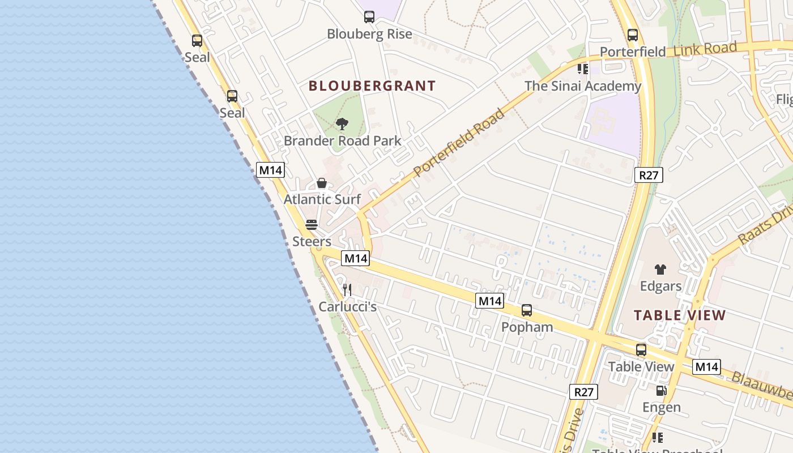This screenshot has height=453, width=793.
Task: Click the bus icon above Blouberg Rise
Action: click(x=369, y=17)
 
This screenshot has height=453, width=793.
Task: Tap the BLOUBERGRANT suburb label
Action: click(x=372, y=86)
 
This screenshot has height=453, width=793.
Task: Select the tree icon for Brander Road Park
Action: click(x=342, y=124)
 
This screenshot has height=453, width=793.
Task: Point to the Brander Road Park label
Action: click(x=342, y=141)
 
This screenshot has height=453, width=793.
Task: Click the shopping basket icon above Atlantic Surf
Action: click(x=322, y=183)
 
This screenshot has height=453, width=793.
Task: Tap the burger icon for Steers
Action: click(x=311, y=225)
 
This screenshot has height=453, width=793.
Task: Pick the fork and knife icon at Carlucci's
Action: click(x=347, y=290)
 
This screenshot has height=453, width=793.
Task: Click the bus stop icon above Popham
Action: click(x=527, y=310)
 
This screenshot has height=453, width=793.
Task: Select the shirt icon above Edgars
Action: click(x=660, y=270)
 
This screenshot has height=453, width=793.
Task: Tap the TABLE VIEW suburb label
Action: click(x=679, y=315)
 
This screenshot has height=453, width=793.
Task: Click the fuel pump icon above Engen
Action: click(x=661, y=391)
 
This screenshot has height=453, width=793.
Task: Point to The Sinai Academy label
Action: click(x=582, y=86)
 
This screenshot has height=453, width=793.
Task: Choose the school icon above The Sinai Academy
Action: click(x=583, y=69)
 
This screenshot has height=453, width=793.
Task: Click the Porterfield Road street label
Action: click(x=458, y=143)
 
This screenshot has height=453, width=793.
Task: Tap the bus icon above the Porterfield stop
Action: click(x=633, y=35)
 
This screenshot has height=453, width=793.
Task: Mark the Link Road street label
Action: click(x=705, y=49)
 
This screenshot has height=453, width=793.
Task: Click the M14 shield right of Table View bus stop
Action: click(x=706, y=367)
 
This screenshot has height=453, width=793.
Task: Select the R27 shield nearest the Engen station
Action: click(x=583, y=392)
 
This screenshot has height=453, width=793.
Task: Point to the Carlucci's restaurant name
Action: click(x=347, y=307)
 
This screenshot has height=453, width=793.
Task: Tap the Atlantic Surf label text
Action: click(x=322, y=199)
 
